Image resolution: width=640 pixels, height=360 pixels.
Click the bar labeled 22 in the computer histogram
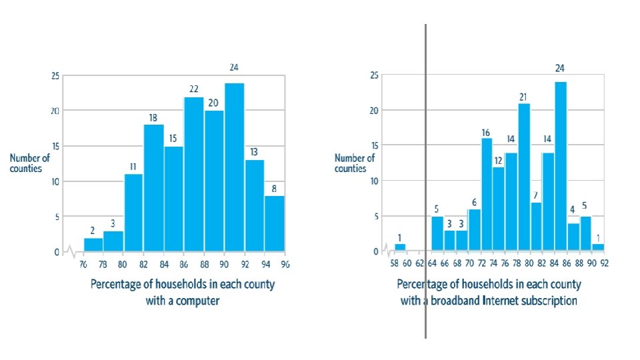point(194,175)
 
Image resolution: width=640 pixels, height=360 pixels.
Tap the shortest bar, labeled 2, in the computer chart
point(93,245)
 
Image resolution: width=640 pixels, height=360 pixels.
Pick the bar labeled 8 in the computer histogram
point(275,224)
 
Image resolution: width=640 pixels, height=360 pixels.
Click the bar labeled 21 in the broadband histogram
point(524,177)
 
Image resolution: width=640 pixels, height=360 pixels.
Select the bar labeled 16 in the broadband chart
point(487,195)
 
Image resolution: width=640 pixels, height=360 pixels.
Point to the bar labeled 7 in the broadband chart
point(536,227)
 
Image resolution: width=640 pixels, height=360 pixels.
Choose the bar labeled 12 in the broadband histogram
point(499,209)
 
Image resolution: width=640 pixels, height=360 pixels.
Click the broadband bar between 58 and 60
point(400,248)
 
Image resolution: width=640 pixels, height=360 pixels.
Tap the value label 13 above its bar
point(254,152)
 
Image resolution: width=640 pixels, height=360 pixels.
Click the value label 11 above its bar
point(133,167)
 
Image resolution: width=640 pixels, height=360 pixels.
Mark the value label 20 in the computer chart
point(213,103)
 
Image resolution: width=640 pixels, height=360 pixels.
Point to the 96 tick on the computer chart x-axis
point(285,264)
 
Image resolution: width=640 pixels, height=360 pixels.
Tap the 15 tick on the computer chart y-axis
point(55,147)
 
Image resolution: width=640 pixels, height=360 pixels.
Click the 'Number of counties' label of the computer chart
point(29,163)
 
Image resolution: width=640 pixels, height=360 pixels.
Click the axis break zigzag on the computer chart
point(69,252)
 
